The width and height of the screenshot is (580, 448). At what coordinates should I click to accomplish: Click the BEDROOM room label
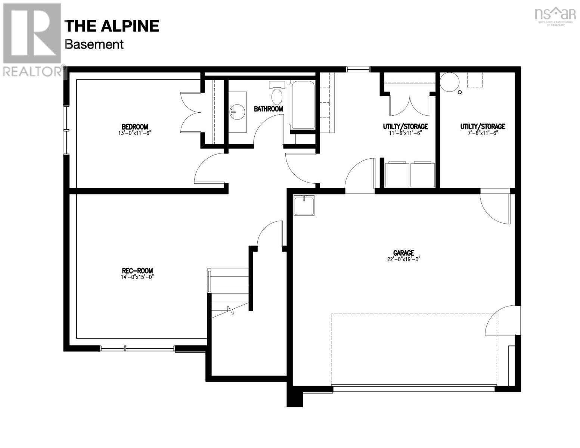coord(135,127)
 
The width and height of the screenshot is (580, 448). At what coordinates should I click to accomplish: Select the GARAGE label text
coord(403,253)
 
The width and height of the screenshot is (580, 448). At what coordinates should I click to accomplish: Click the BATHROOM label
coord(268,109)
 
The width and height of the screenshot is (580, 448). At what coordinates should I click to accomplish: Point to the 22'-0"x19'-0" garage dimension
coord(403,259)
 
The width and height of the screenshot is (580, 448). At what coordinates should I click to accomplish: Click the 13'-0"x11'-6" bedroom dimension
coord(135,133)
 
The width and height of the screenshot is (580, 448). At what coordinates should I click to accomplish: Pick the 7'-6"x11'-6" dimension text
coord(483,133)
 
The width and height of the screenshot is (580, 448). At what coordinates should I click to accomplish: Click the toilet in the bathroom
coord(277,93)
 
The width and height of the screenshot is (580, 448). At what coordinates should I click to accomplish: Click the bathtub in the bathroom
coord(303,105)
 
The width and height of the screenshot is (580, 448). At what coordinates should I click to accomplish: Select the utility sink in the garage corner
coord(304,205)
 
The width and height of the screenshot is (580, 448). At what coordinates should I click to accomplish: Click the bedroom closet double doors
coord(191,112)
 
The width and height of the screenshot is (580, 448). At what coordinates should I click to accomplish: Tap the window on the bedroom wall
coord(66,130)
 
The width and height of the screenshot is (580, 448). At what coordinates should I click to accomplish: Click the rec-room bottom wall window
coord(137,349)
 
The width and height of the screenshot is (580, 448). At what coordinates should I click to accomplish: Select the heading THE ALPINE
coord(112,26)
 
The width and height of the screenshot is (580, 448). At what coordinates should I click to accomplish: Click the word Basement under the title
coord(94,44)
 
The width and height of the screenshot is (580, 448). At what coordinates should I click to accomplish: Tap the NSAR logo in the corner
coord(555,15)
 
